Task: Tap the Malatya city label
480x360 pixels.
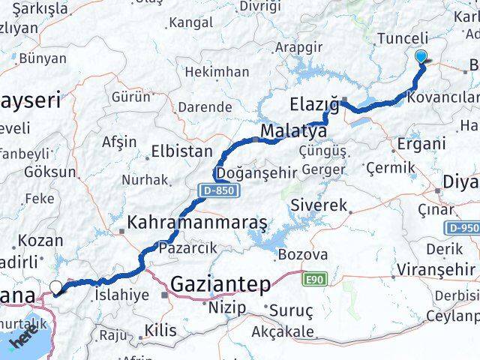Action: pyautogui.click(x=293, y=132)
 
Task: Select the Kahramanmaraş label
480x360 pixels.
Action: pyautogui.click(x=198, y=223)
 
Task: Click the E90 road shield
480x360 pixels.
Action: pyautogui.click(x=313, y=279)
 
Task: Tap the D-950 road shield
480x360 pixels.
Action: pyautogui.click(x=464, y=228)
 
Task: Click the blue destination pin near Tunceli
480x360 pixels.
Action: pyautogui.click(x=421, y=56)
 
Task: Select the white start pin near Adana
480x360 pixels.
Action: pyautogui.click(x=57, y=286)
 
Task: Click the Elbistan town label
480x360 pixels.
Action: pyautogui.click(x=181, y=150)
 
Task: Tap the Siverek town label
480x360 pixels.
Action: pyautogui.click(x=319, y=205)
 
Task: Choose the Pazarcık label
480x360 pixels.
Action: pyautogui.click(x=187, y=247)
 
